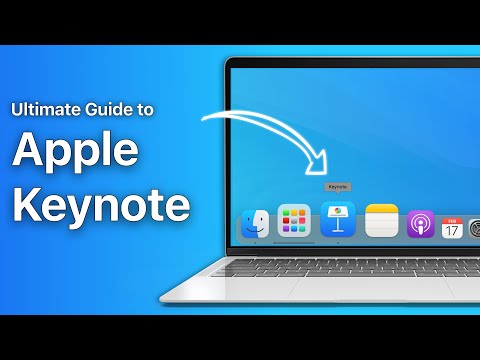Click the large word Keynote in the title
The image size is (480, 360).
click(101, 205)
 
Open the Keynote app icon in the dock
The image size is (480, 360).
click(339, 219)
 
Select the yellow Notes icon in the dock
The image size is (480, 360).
click(382, 220)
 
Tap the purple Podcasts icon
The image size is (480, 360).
click(420, 223)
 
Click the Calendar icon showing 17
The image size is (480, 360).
click(451, 226)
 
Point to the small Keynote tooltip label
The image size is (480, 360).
click(338, 187)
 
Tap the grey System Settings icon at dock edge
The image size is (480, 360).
click(473, 227)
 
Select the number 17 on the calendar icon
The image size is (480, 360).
click(451, 230)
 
